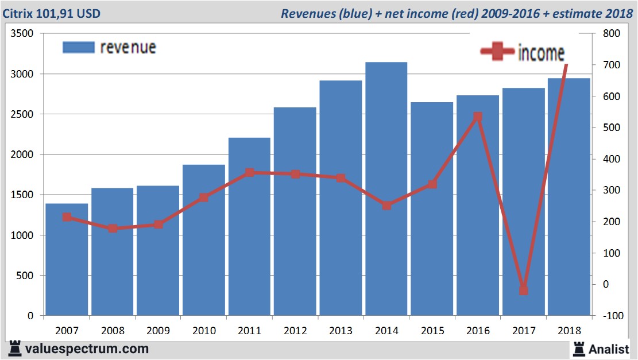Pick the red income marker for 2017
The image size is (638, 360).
523,290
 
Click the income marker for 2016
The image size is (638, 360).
478,117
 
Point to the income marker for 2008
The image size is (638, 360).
113,228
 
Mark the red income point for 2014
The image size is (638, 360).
386,205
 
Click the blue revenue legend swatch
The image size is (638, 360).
78,47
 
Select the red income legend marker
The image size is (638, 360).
497,52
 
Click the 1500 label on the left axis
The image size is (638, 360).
22,195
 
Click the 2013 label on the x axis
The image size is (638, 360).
341,331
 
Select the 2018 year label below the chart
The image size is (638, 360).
569,331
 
